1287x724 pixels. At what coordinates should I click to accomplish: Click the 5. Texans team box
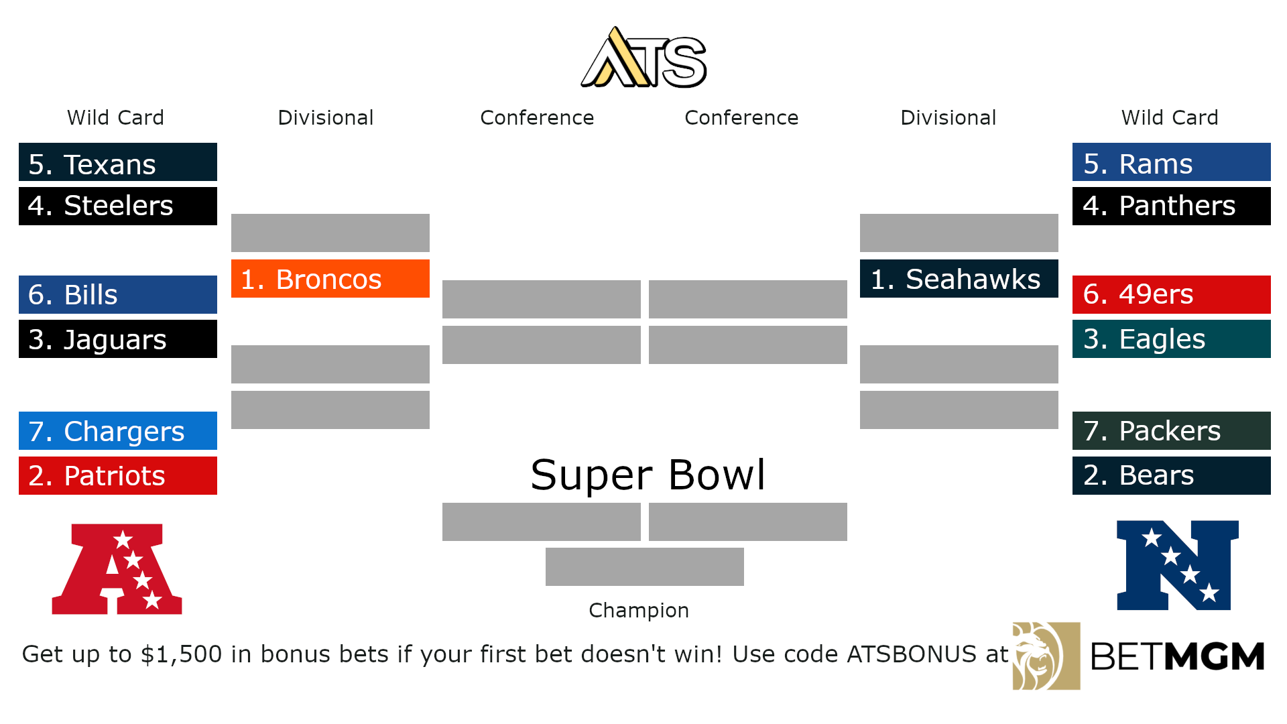click(x=118, y=162)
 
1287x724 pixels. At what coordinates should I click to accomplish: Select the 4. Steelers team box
click(x=118, y=206)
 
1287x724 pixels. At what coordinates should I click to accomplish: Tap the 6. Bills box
click(x=118, y=295)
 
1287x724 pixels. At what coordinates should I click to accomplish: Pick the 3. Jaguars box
click(x=118, y=339)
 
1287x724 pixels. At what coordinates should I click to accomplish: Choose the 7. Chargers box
click(x=118, y=431)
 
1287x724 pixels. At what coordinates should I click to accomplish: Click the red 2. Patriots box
click(x=118, y=476)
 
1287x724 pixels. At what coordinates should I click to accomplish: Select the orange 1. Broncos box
click(x=330, y=279)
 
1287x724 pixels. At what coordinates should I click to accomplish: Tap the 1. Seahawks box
click(x=959, y=279)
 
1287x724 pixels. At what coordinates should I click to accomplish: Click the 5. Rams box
click(x=1172, y=162)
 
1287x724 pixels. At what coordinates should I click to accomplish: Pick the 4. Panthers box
click(x=1172, y=206)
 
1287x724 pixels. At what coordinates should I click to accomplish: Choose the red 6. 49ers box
click(x=1172, y=295)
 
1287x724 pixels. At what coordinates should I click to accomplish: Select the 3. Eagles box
click(x=1172, y=339)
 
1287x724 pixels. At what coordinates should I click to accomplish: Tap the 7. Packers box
click(x=1172, y=431)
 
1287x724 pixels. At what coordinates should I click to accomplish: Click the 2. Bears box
click(x=1172, y=476)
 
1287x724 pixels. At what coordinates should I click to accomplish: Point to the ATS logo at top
click(x=643, y=59)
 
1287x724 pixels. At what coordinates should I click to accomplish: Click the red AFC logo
click(x=117, y=568)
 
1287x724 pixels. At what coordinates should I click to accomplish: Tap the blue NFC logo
click(x=1177, y=565)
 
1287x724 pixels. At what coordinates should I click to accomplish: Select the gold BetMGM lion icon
click(x=1046, y=656)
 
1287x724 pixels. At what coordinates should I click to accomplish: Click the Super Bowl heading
click(x=648, y=475)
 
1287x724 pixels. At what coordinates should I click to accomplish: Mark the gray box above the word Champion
click(x=645, y=567)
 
